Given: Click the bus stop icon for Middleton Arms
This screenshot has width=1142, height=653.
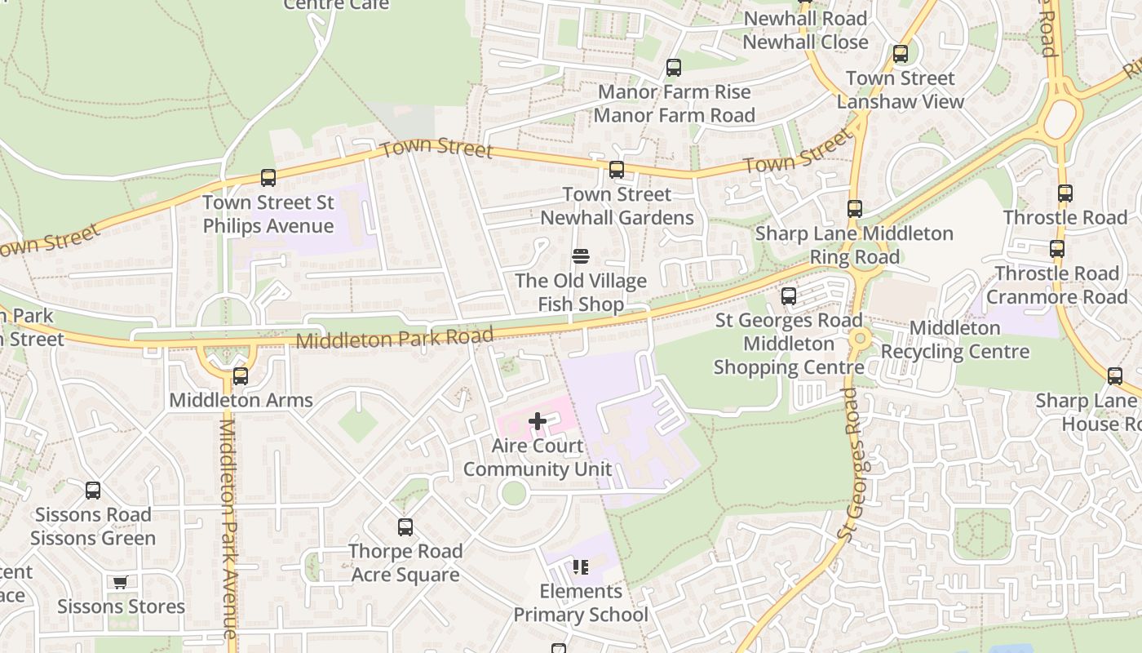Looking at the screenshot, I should point(241,376).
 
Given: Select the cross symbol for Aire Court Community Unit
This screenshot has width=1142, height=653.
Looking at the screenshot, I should point(538,421).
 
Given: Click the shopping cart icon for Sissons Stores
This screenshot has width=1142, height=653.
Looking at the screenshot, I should point(121,583).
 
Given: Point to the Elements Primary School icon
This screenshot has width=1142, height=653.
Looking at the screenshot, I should point(580,566).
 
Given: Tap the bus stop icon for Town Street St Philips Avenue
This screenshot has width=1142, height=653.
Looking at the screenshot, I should point(268,177).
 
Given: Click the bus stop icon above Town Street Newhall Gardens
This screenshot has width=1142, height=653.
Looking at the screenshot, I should point(617,170).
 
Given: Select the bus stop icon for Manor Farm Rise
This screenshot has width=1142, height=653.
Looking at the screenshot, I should point(674,68).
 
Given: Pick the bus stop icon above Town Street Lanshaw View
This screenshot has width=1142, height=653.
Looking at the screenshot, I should point(901,55).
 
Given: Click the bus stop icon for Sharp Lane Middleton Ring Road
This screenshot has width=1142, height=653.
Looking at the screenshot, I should point(855,209).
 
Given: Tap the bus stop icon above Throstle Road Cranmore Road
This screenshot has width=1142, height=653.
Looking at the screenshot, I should point(1057,249).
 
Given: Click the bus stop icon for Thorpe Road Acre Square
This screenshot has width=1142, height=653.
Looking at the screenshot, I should point(405,527).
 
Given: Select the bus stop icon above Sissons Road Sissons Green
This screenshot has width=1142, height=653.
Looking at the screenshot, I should point(93,491).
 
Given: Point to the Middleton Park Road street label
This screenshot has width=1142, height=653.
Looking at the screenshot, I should point(395,338).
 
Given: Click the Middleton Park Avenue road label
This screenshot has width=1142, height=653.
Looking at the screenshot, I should point(229,531).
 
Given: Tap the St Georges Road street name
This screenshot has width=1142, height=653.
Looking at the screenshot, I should point(853,465).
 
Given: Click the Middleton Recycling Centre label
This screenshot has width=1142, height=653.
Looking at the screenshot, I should point(955,340).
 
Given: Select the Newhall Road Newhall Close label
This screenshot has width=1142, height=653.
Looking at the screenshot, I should point(805,30).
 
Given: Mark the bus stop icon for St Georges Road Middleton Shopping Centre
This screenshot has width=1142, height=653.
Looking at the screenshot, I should point(789,296).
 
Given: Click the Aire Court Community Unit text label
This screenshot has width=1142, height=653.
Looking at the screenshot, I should point(538,458).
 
